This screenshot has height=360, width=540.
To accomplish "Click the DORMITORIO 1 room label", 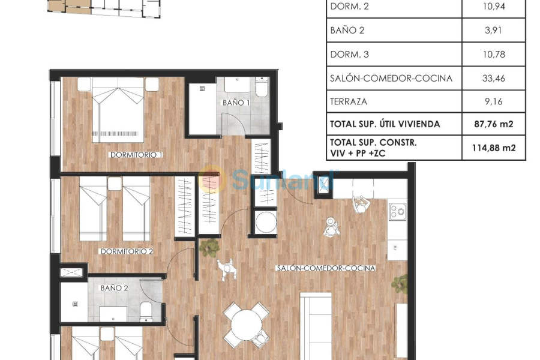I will (x=136, y=155).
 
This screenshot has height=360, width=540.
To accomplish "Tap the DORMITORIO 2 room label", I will (x=127, y=251).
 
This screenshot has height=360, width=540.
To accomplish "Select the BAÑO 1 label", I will (x=236, y=103).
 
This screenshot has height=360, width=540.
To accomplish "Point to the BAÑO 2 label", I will (x=114, y=288).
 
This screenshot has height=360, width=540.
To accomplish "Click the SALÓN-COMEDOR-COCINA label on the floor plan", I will (x=326, y=268).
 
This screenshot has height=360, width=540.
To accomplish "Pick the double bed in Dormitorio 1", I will (x=118, y=110).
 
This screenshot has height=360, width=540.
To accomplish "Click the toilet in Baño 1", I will (x=262, y=88).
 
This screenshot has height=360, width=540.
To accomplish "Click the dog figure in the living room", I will (x=226, y=269).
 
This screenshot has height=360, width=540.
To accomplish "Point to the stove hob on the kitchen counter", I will (x=397, y=211).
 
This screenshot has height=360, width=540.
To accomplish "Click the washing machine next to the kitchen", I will (x=265, y=223).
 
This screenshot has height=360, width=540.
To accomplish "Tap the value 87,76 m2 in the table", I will (x=493, y=124).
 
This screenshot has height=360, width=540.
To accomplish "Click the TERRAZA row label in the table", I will (x=349, y=101).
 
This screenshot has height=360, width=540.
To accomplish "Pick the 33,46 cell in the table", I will (x=493, y=78).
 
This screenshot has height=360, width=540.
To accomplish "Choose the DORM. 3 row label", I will (x=349, y=55).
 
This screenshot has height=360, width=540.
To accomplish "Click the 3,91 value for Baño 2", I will (x=493, y=30).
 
